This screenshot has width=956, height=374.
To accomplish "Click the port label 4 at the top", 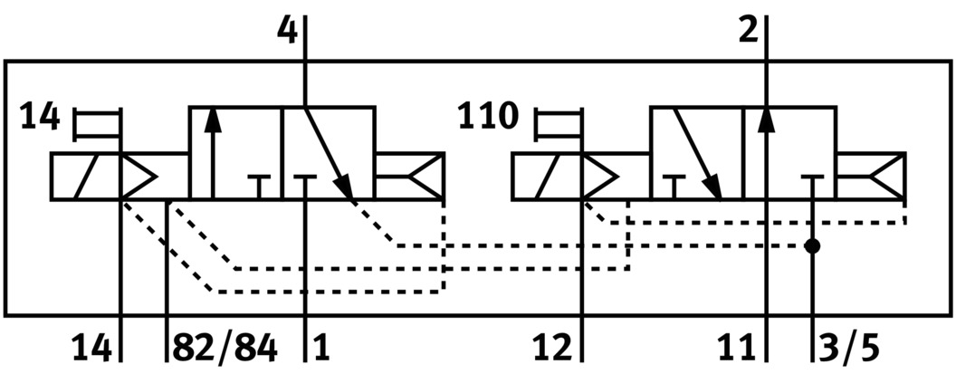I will [286, 31].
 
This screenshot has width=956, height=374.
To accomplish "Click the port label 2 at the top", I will [749, 31].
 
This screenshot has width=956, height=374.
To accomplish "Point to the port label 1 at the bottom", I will [321, 346].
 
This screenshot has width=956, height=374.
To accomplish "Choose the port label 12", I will [555, 346].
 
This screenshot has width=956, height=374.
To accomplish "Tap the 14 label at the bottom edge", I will [93, 346].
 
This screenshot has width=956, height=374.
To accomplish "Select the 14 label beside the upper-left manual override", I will [40, 117].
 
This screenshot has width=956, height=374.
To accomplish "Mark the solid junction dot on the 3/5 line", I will [813, 245].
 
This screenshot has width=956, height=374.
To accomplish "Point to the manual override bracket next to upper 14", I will [98, 124].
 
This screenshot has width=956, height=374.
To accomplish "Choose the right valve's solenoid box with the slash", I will [548, 176].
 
